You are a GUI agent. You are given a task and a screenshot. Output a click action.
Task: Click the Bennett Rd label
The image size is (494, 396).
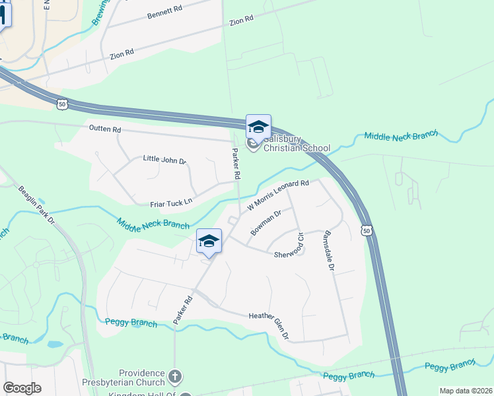[x=164, y=13]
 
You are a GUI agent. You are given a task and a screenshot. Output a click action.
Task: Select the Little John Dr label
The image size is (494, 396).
[x=165, y=160]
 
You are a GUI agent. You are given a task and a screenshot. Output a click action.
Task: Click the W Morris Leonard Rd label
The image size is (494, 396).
[x=278, y=195]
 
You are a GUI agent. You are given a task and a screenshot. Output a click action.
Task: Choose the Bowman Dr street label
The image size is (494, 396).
[x=266, y=222]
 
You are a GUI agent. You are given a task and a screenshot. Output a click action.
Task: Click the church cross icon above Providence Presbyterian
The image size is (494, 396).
[x=175, y=377]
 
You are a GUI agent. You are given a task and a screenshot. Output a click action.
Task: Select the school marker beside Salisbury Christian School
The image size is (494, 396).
[x=258, y=127]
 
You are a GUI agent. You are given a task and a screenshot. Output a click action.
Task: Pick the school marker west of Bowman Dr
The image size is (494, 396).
[x=209, y=241]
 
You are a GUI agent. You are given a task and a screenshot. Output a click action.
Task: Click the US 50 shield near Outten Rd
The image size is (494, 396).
[x=62, y=104]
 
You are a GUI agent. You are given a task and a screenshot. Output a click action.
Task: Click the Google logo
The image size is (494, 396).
[x=22, y=388]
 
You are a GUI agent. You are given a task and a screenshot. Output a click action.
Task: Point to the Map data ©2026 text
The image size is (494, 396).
[x=465, y=391]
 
